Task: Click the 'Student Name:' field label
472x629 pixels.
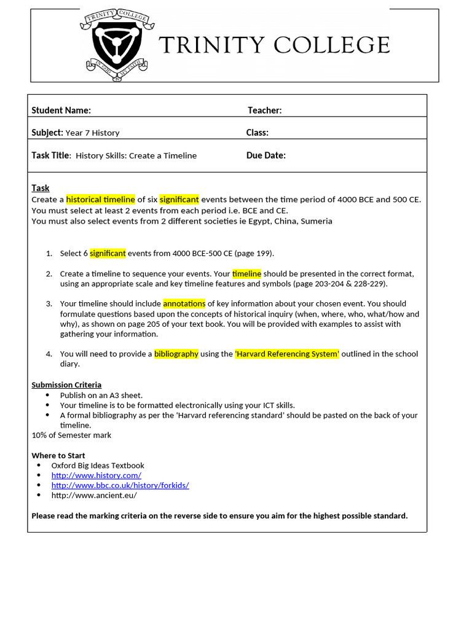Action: pos(61,111)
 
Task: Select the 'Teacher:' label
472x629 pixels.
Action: pos(264,111)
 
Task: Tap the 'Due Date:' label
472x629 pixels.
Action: pos(265,155)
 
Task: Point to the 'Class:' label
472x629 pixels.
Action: pos(257,133)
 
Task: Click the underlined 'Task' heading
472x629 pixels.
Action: pos(41,188)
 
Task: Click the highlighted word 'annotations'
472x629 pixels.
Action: pos(184,303)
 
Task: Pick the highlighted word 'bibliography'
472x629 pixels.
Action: pos(176,354)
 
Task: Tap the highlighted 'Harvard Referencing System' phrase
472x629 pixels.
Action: pos(287,354)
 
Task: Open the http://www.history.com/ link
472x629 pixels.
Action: pos(96,475)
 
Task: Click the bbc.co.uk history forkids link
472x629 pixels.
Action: pos(120,485)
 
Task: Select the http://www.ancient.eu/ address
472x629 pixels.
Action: pos(94,495)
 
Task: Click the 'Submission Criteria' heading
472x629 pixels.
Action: pos(66,385)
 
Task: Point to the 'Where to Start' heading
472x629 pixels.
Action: pos(58,456)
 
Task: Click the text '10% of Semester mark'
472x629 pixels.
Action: pos(71,435)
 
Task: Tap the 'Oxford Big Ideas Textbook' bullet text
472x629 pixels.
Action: pos(98,466)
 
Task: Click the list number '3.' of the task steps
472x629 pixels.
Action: pos(49,303)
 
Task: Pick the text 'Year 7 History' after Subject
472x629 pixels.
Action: pos(92,133)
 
